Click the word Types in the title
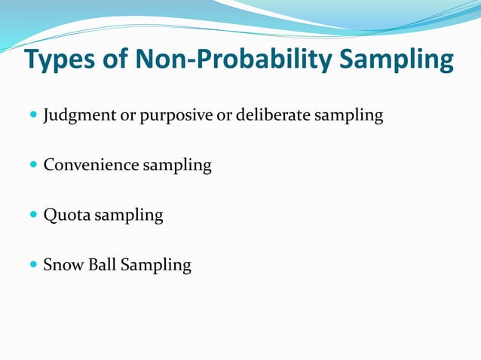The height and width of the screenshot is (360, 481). (x=62, y=61)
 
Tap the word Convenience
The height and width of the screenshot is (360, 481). (x=90, y=165)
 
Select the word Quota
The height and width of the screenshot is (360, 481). (x=66, y=215)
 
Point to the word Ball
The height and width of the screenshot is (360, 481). (x=101, y=265)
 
